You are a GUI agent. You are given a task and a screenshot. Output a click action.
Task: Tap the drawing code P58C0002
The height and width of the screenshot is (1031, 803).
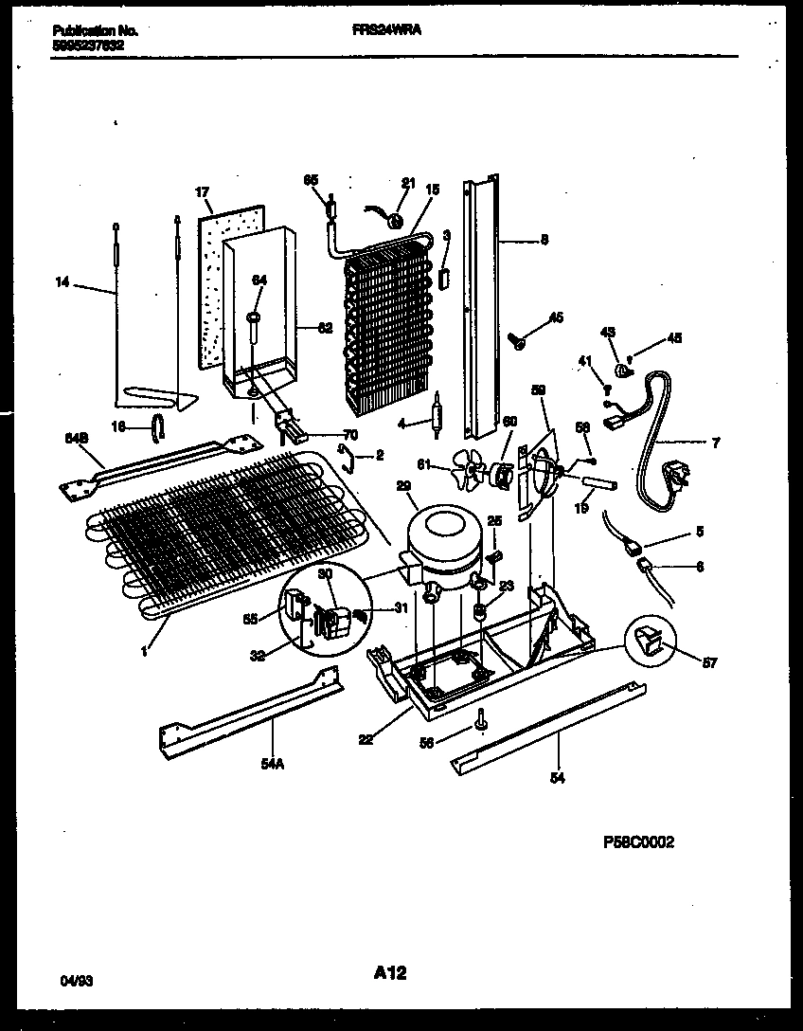click(637, 842)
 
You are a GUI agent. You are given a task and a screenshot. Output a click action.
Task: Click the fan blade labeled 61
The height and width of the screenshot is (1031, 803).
click(467, 466)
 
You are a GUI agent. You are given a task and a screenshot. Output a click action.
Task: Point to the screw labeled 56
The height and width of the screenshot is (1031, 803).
click(483, 721)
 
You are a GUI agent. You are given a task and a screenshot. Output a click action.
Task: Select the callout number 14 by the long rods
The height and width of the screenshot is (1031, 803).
click(62, 280)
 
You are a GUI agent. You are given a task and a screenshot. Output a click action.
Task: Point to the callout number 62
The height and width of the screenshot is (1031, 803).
click(325, 329)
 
